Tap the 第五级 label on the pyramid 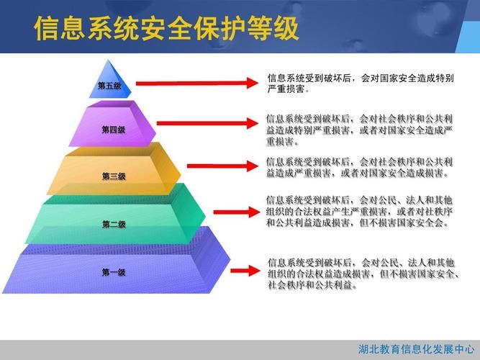[109, 86]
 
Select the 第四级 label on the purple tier [113, 130]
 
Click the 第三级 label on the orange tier [114, 176]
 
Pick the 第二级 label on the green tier [114, 225]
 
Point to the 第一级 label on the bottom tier [114, 272]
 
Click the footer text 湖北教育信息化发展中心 [417, 349]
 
